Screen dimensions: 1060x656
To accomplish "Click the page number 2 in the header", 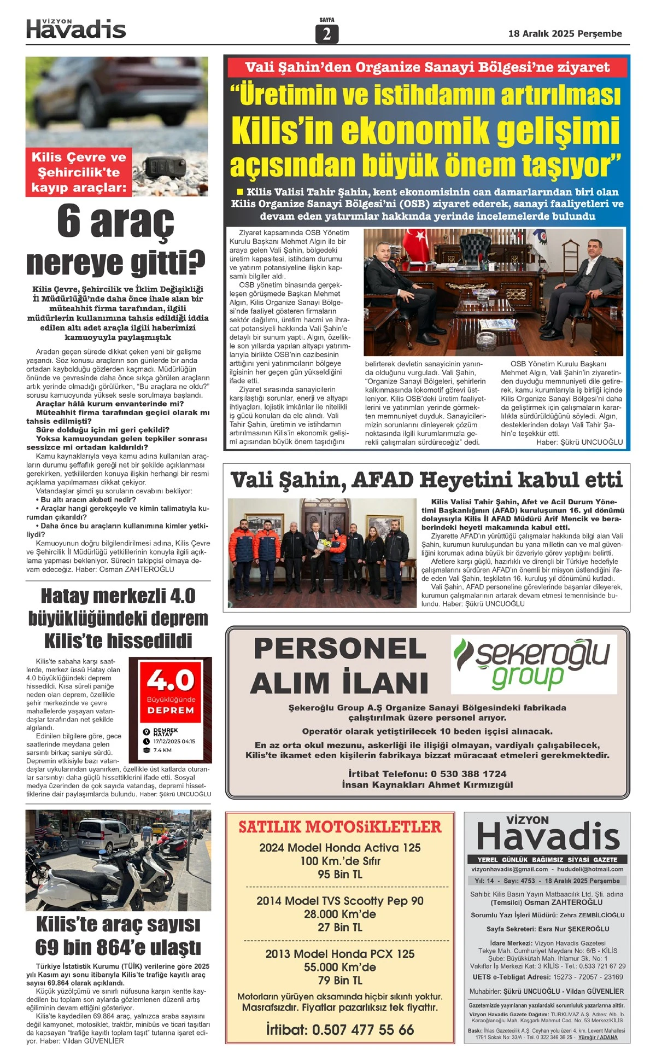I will pyautogui.click(x=327, y=34).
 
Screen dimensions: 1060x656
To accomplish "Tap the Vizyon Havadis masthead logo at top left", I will pyautogui.click(x=76, y=29).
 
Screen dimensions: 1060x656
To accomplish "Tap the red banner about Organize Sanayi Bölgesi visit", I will pyautogui.click(x=427, y=67).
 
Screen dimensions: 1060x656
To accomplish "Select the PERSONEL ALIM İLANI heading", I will pyautogui.click(x=339, y=666).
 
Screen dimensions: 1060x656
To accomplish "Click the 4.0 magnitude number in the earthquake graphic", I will pyautogui.click(x=171, y=680).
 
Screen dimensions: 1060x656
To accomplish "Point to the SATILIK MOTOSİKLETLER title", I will pyautogui.click(x=339, y=826).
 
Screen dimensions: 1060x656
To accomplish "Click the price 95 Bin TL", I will pyautogui.click(x=339, y=874).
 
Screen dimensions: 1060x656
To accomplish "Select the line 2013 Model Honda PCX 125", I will pyautogui.click(x=339, y=953).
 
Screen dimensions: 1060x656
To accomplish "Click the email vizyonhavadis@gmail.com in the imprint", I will pyautogui.click(x=509, y=869).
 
